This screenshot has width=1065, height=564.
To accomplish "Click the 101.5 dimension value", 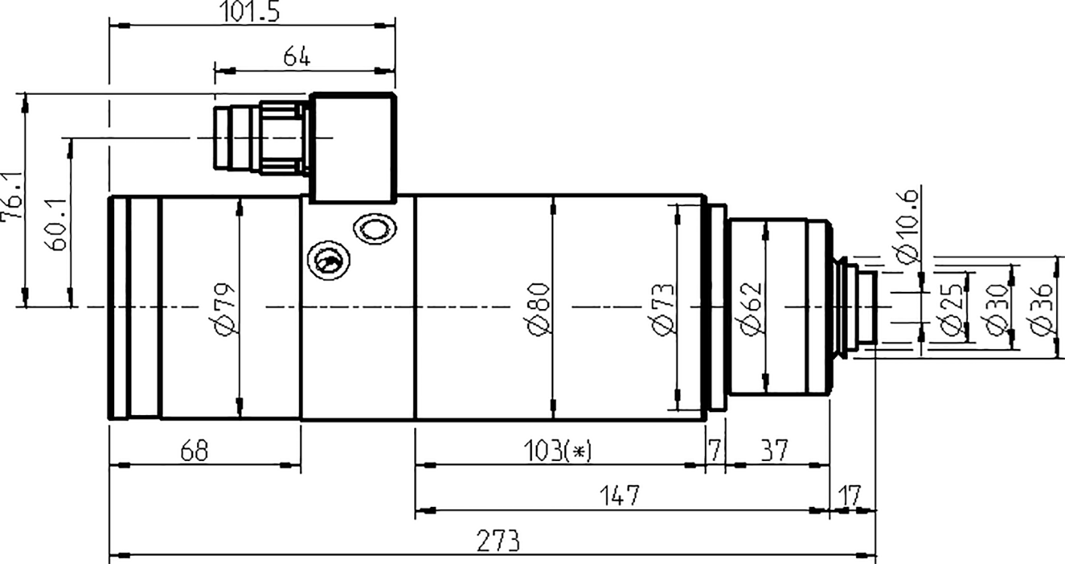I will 252,12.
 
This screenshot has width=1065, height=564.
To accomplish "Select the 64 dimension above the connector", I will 297,57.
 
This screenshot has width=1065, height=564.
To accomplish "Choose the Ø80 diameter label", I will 539,308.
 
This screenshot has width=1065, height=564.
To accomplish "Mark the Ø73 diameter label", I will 663,308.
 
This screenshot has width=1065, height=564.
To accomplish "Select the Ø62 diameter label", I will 750,308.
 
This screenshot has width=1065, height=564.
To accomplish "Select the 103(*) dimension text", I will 558,450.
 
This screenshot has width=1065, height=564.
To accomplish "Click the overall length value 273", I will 497,540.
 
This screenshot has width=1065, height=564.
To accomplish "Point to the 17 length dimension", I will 849,496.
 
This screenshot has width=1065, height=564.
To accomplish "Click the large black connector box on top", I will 353,147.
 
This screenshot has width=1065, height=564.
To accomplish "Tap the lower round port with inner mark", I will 328,262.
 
